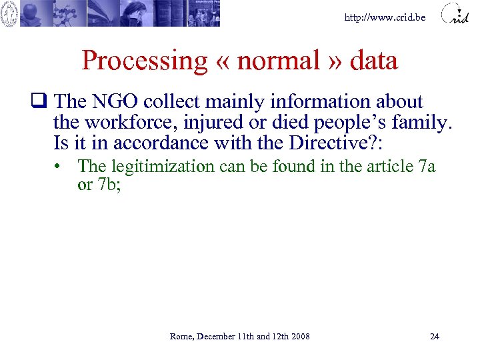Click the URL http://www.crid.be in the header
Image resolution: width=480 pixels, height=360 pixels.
385,17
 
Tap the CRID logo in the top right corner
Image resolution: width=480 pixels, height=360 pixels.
459,14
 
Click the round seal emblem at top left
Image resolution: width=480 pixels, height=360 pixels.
9,14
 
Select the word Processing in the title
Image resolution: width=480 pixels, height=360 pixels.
145,61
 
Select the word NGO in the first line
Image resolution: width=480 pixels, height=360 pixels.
116,102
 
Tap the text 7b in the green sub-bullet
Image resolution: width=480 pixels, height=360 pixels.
104,185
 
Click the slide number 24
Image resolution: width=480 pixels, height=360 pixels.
435,336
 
